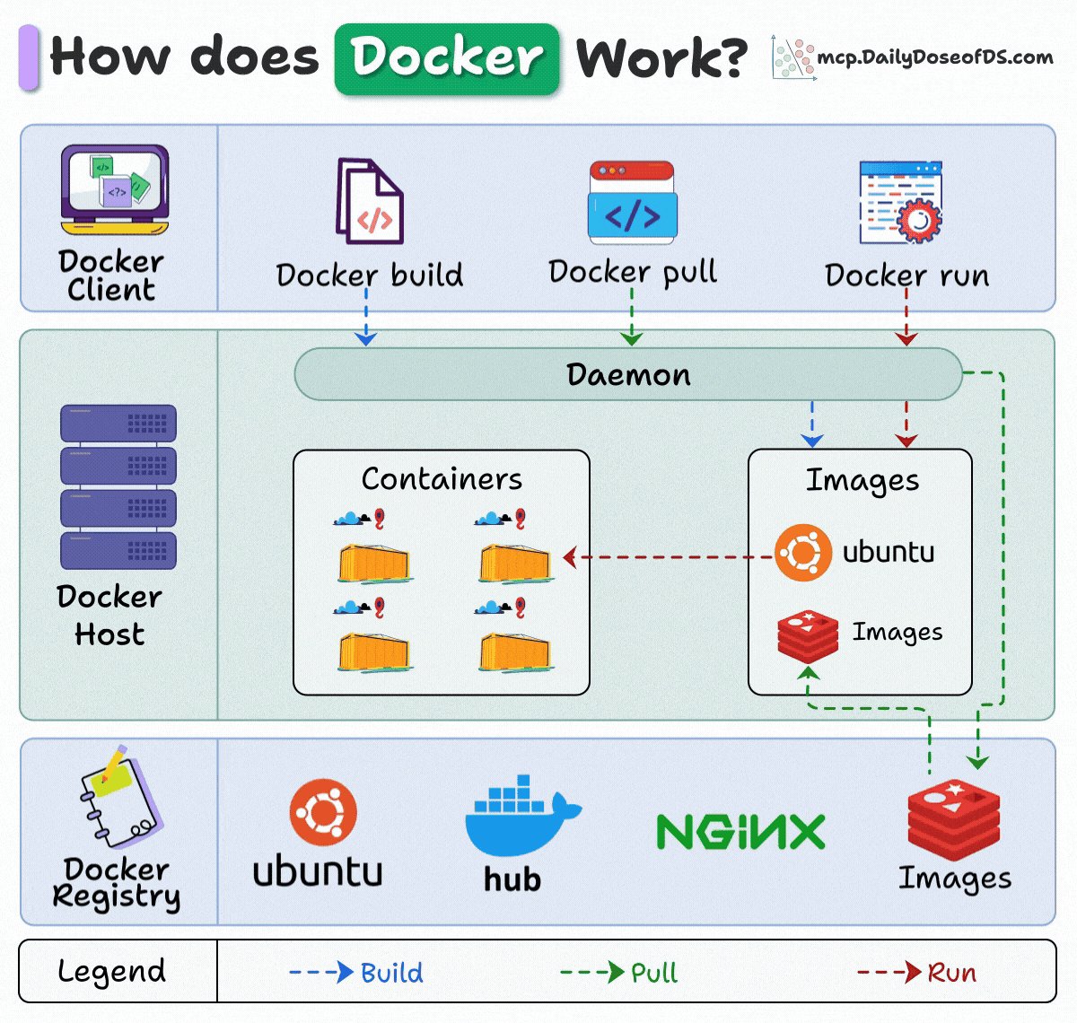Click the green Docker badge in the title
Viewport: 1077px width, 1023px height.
pyautogui.click(x=447, y=59)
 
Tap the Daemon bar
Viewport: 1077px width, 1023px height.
pyautogui.click(x=628, y=374)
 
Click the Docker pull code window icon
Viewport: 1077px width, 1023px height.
pyautogui.click(x=632, y=202)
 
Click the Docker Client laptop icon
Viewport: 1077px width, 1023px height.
pyautogui.click(x=114, y=189)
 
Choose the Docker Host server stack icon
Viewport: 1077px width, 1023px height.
pyautogui.click(x=118, y=486)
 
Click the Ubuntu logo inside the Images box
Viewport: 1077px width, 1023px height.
pyautogui.click(x=802, y=553)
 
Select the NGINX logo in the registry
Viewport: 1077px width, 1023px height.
pyautogui.click(x=740, y=833)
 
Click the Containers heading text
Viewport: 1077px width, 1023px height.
pyautogui.click(x=442, y=479)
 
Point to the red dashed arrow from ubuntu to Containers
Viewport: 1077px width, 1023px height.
pyautogui.click(x=669, y=557)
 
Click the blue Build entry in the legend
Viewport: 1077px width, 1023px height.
pyautogui.click(x=356, y=972)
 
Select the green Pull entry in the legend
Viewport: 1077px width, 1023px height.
pyautogui.click(x=619, y=972)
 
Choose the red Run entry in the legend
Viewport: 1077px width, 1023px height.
pyautogui.click(x=916, y=972)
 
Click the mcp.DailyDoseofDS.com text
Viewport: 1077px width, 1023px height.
pyautogui.click(x=934, y=58)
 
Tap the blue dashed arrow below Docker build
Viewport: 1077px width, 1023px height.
pyautogui.click(x=365, y=324)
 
